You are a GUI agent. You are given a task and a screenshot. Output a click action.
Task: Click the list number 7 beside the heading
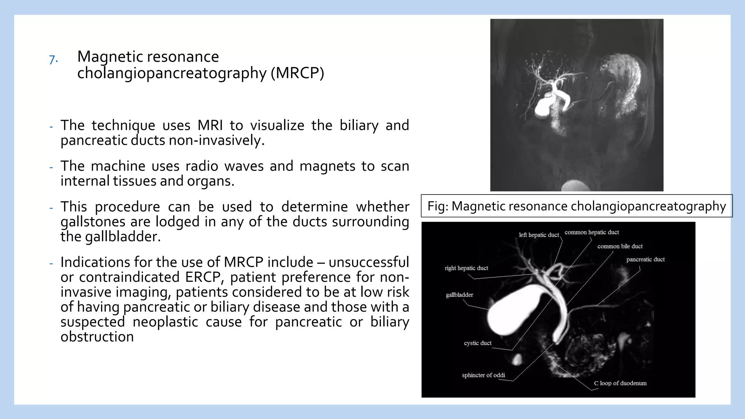tap(53, 59)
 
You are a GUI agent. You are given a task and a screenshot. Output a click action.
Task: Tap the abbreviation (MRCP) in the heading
tap(297, 73)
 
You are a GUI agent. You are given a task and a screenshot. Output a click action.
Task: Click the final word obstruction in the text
tap(97, 337)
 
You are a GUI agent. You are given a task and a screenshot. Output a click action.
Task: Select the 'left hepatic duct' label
tap(538, 235)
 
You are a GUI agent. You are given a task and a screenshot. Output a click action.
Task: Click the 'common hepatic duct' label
tap(591, 232)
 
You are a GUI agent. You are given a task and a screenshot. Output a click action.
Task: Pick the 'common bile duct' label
tap(620, 246)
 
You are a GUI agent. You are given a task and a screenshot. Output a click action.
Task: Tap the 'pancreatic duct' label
tap(645, 259)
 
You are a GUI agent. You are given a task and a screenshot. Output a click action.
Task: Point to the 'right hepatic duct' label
tap(466, 268)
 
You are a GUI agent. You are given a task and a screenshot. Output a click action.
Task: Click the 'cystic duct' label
tap(478, 343)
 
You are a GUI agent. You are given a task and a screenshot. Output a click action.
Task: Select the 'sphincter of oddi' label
tap(483, 375)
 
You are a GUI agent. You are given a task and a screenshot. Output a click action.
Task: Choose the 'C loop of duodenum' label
tap(620, 383)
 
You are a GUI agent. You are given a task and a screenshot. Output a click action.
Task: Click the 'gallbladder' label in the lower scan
tap(459, 295)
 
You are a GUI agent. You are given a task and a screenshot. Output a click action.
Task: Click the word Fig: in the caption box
tap(438, 206)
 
